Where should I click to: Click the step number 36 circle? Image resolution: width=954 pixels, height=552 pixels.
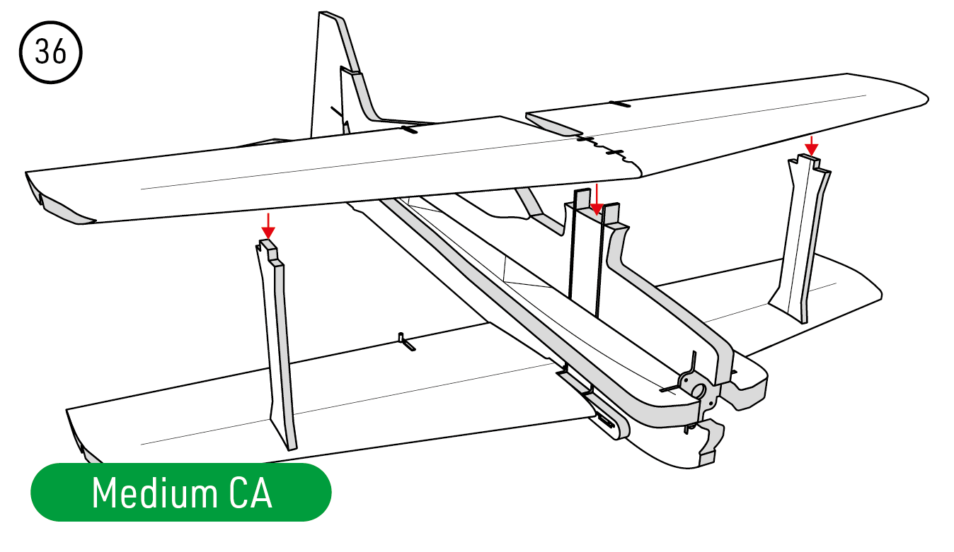click(51, 52)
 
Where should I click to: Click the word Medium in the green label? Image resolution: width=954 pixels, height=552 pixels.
click(154, 493)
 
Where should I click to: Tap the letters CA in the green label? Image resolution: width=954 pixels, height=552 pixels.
click(251, 493)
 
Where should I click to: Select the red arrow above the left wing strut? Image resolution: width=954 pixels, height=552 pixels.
click(268, 226)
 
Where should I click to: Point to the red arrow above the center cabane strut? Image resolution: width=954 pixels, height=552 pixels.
click(597, 199)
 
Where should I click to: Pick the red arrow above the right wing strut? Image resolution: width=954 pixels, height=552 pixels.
click(811, 146)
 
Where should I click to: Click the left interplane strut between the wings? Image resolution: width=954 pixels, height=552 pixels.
click(276, 344)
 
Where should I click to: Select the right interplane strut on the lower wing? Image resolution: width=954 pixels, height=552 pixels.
click(800, 238)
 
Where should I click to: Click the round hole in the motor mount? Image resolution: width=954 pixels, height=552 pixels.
click(699, 390)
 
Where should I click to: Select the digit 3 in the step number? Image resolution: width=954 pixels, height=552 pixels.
click(42, 52)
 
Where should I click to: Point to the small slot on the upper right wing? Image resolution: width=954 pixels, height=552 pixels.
click(620, 103)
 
